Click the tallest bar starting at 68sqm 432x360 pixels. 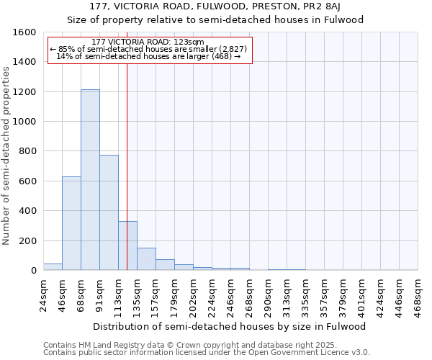pos(90,180)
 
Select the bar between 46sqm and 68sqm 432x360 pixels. pos(71,223)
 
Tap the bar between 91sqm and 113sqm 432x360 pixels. pos(109,212)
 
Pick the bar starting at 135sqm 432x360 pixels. pos(146,259)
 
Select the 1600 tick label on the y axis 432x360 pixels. pos(27,32)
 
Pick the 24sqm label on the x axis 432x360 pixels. pos(43,294)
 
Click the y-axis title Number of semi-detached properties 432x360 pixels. pos(6,155)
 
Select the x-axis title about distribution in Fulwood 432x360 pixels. pos(230,326)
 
